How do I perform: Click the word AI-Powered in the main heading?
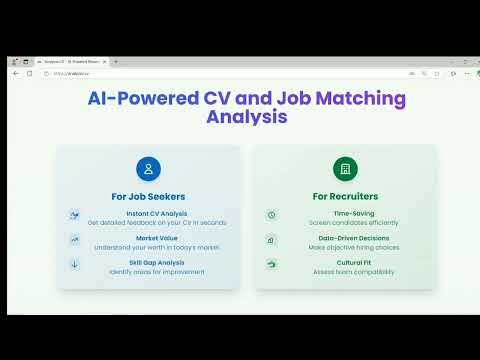coord(130,99)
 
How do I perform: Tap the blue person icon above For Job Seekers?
coord(148,168)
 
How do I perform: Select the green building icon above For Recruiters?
coord(345,168)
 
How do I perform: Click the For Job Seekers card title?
coord(148,196)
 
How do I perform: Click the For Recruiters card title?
coord(345,196)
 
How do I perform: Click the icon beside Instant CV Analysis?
coord(74,215)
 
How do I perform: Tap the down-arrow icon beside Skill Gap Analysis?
coord(74,264)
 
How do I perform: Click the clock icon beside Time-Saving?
coord(271,215)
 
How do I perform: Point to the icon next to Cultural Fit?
coord(271,264)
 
